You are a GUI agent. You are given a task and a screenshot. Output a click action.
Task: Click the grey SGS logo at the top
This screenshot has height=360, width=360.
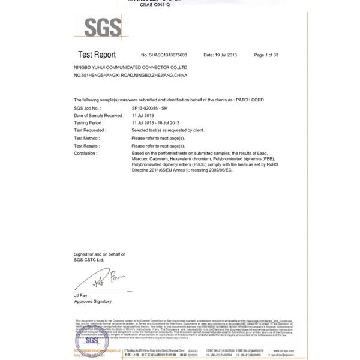(103, 26)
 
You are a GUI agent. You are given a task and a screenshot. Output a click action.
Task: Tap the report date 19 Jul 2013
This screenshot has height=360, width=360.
(220, 55)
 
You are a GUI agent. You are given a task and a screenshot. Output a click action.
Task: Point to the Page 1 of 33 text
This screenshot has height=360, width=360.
(266, 55)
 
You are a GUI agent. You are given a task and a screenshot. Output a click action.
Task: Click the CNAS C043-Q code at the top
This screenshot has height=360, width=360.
(155, 5)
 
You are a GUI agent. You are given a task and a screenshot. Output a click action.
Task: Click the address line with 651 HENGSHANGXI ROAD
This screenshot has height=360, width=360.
(130, 76)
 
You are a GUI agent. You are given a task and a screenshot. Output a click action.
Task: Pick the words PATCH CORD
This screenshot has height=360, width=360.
(250, 100)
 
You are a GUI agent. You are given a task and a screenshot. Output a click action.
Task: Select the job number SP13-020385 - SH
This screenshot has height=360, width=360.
(149, 107)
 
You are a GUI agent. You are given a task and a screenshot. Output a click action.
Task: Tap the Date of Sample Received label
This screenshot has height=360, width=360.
(98, 115)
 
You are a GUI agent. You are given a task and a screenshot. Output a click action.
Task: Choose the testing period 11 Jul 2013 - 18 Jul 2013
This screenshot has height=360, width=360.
(155, 123)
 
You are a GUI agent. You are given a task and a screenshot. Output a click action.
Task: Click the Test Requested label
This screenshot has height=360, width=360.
(89, 130)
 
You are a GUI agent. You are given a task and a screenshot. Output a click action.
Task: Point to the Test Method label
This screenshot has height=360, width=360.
(87, 138)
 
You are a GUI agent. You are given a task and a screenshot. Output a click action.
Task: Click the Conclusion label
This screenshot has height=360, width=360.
(85, 153)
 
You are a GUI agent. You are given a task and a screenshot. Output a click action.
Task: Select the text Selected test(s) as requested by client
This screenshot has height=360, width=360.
(167, 130)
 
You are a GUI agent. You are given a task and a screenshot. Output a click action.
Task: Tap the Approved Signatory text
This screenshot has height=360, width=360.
(92, 301)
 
